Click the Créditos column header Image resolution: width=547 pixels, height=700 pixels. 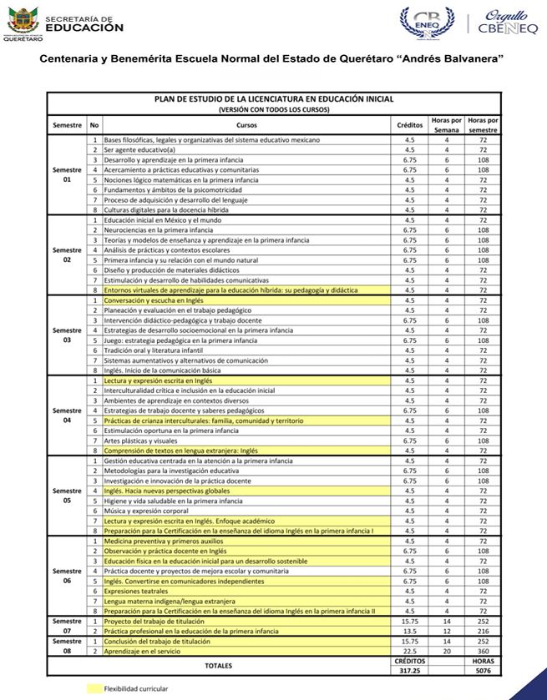click(409, 124)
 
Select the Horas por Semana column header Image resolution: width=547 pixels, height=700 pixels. click(447, 124)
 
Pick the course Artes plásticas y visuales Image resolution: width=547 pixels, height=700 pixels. click(140, 441)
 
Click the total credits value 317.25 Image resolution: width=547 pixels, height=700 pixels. click(409, 669)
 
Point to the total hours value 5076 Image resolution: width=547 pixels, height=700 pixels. click(483, 669)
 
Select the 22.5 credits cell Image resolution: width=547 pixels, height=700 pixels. click(409, 651)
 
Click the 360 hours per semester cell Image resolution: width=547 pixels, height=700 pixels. click(483, 651)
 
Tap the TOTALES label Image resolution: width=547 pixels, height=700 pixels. click(220, 665)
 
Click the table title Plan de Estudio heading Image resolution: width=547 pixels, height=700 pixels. click(273, 98)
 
